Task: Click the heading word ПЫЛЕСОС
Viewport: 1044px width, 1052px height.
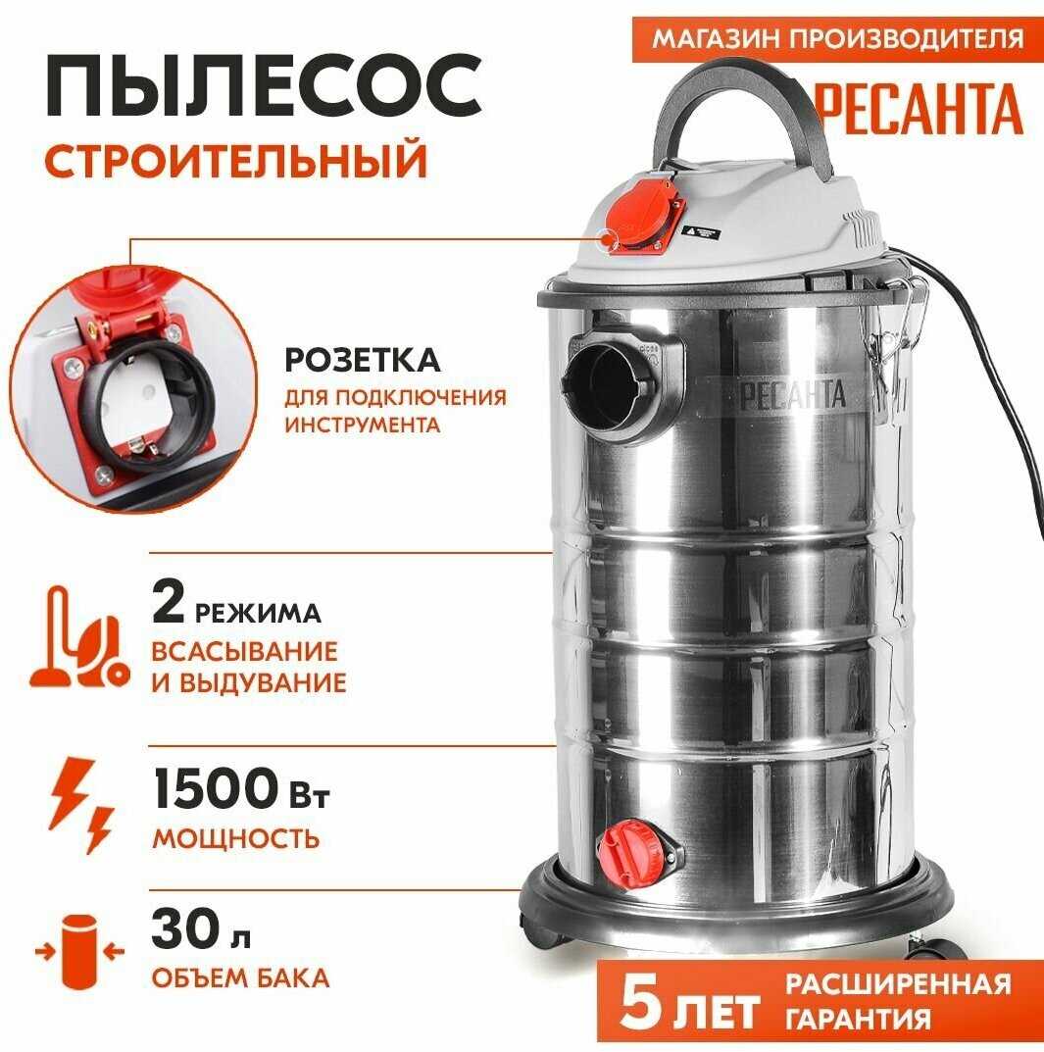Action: [x=264, y=87]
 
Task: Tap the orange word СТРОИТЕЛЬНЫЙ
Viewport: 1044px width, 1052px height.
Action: [x=235, y=160]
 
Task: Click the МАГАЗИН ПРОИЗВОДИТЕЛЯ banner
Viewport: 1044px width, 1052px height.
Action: [x=838, y=38]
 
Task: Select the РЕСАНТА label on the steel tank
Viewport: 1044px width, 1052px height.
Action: [x=792, y=395]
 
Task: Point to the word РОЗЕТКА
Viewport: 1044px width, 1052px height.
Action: [x=363, y=360]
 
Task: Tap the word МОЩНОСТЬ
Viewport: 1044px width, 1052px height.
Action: [x=236, y=838]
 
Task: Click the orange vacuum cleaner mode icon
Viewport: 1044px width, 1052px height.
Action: [x=79, y=636]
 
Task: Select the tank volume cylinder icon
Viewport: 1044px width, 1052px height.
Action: [x=79, y=951]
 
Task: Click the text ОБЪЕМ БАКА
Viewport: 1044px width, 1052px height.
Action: [x=240, y=978]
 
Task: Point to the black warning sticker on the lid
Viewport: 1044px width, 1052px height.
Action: [x=702, y=232]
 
